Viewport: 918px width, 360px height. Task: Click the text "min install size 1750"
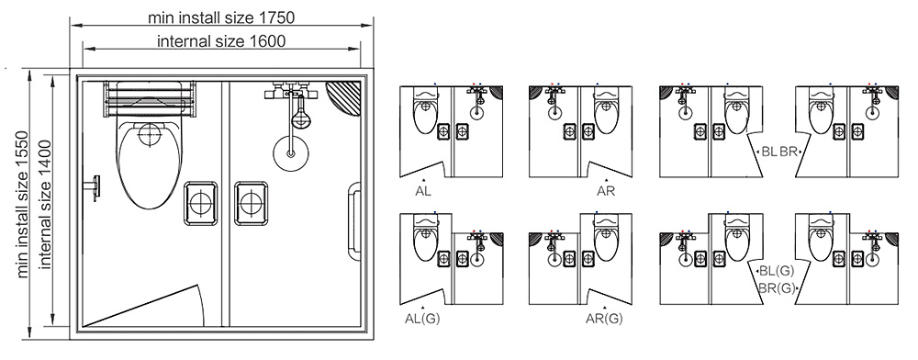pos(220,17)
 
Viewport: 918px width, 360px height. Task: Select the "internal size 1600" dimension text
pos(221,41)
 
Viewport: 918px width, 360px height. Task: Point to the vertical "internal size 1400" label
pos(46,204)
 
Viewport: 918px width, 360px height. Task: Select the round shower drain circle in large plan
pos(291,154)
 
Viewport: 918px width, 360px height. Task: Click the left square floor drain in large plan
pos(201,203)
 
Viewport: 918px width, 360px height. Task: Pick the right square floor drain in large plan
pos(252,203)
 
